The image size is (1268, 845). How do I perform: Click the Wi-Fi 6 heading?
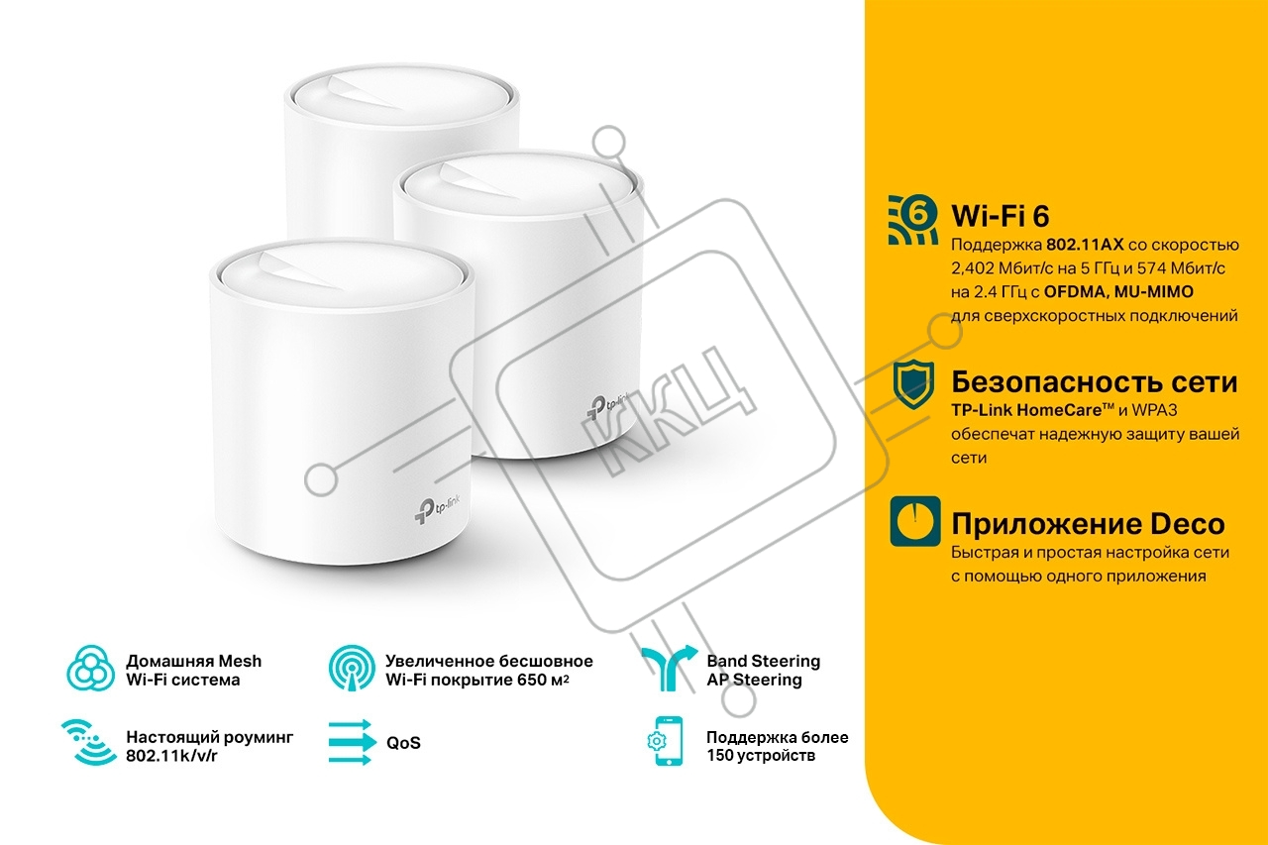[1000, 216]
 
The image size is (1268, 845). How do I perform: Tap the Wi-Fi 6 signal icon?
[912, 220]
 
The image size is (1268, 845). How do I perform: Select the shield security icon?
[913, 384]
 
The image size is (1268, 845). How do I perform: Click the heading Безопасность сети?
[1094, 382]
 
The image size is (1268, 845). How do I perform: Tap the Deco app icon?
[914, 521]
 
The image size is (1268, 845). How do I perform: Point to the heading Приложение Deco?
[1088, 524]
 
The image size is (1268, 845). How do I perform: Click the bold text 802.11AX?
[1085, 245]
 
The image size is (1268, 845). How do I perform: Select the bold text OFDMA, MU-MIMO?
[1118, 292]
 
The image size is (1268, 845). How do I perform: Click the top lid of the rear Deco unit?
[401, 97]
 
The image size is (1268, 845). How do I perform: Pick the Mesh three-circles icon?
[90, 668]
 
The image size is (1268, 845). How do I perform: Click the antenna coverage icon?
[352, 668]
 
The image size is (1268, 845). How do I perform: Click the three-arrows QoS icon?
[352, 743]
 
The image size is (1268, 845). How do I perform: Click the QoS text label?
[403, 743]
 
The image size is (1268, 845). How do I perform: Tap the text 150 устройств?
[761, 756]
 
